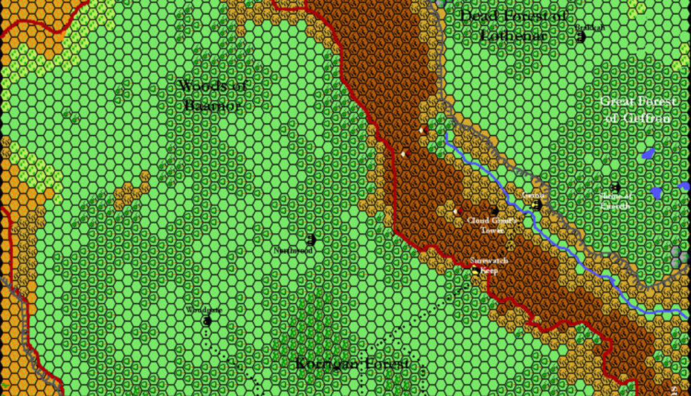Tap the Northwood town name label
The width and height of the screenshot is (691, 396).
pos(293,251)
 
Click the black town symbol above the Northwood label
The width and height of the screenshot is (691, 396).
pos(310,240)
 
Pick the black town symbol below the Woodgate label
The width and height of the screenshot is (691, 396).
pos(207,321)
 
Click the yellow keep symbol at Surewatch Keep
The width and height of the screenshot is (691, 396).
pos(475,270)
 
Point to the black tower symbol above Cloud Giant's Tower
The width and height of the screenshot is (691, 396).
pos(494,210)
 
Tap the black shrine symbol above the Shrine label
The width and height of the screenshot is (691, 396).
pos(615,188)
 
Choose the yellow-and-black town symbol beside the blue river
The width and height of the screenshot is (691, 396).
pos(536,205)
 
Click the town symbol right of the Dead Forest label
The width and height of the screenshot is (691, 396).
pos(581,37)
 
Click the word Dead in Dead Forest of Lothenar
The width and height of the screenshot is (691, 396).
pos(478,16)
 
